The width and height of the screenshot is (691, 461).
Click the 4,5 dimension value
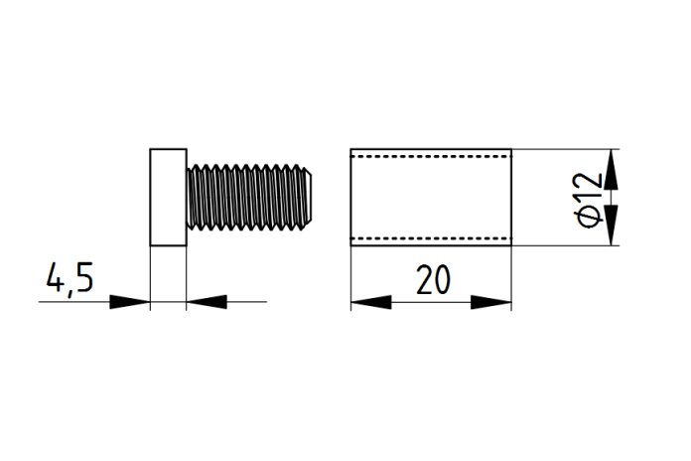(x=70, y=279)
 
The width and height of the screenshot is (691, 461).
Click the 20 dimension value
(x=434, y=280)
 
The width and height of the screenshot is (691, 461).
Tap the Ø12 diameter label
(x=589, y=200)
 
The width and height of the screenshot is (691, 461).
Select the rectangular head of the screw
(x=168, y=197)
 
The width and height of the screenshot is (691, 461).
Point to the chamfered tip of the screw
(x=310, y=197)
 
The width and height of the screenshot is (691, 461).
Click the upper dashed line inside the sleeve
(x=431, y=156)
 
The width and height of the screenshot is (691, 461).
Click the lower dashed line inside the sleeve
(x=431, y=238)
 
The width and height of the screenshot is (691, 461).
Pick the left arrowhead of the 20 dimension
(x=371, y=302)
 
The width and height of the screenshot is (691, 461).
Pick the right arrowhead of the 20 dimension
(x=490, y=302)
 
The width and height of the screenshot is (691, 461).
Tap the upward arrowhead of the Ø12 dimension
(x=611, y=170)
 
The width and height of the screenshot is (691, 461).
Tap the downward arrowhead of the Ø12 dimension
(x=611, y=225)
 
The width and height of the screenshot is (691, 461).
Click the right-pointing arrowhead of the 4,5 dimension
(x=129, y=302)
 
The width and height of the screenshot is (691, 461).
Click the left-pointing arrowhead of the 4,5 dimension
(x=207, y=302)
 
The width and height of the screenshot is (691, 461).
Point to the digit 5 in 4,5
(x=84, y=277)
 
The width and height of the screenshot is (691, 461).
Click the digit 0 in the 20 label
(x=443, y=280)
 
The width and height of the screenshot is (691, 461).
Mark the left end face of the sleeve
(x=350, y=197)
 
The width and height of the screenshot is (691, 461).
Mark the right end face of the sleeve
(x=511, y=197)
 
